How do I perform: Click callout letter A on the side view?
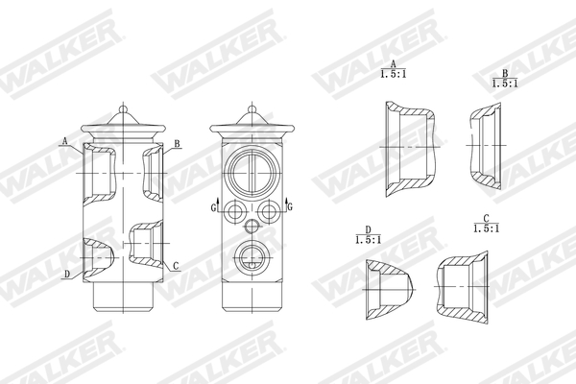64,140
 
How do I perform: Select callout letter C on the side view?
176,264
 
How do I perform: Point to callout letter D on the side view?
65,274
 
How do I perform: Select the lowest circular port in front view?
253,256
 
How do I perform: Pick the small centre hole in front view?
253,227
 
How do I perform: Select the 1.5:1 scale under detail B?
504,84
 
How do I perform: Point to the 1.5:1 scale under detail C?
487,229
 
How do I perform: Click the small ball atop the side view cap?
126,108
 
